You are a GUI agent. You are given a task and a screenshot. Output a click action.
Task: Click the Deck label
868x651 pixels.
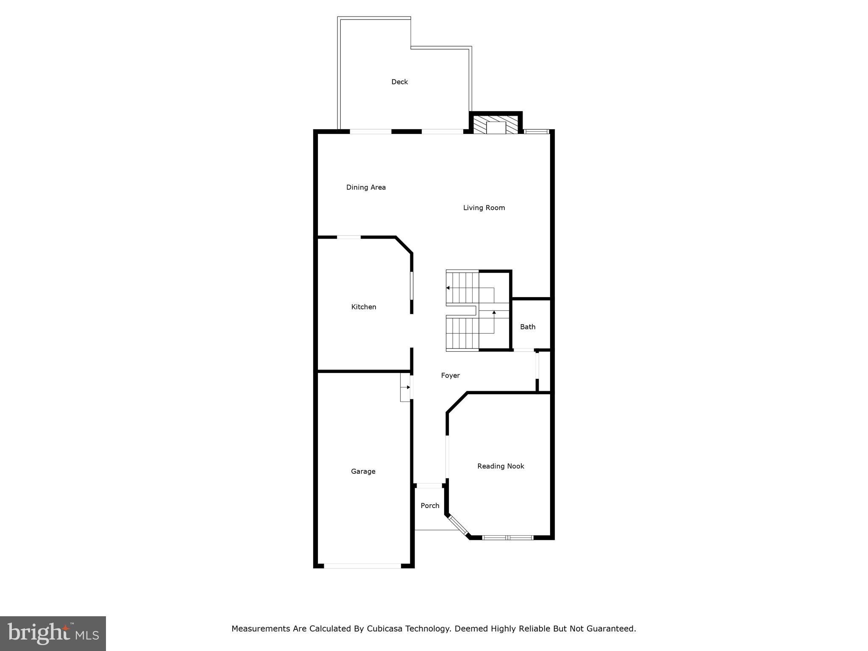tap(399, 82)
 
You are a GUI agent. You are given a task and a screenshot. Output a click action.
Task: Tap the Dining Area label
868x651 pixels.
tap(366, 187)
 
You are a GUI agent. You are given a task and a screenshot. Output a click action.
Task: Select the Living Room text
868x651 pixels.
tap(484, 208)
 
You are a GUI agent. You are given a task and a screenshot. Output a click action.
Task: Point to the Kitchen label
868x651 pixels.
tap(364, 307)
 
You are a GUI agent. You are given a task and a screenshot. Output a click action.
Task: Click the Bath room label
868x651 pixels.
tap(528, 327)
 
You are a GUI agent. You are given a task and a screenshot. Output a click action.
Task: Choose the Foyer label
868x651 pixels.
tap(450, 376)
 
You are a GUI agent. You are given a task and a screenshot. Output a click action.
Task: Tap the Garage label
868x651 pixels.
tap(363, 471)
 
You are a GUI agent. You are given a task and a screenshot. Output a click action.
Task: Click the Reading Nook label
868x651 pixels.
tap(501, 466)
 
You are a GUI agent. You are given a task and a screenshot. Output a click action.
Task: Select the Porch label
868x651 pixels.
tap(430, 506)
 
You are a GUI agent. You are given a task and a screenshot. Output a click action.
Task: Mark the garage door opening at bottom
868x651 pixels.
tap(362, 566)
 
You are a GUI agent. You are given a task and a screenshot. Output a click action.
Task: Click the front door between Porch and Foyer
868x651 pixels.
tap(429, 486)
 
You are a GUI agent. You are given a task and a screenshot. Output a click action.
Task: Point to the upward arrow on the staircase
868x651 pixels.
tap(494, 313)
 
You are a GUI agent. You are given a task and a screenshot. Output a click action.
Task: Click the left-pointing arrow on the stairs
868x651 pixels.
tap(448, 288)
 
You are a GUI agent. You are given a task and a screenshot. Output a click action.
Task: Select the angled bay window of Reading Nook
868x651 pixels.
tap(458, 526)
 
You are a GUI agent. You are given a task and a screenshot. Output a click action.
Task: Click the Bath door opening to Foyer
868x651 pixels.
tap(524, 350)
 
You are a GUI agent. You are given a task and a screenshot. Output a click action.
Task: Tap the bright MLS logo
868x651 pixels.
tap(53, 633)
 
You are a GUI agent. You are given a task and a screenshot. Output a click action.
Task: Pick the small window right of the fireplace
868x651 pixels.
tap(536, 132)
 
